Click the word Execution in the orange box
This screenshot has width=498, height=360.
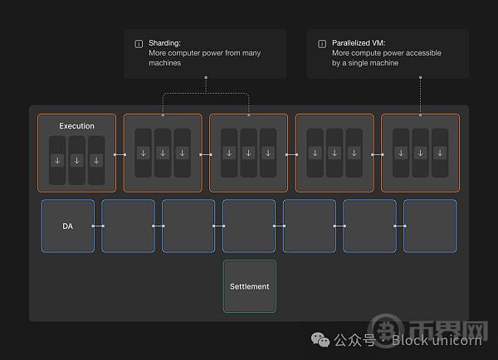pos(76,126)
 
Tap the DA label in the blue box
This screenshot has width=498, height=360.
pos(68,226)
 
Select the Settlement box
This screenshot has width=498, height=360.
pos(250,286)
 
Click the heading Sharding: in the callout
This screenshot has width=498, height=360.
pos(164,43)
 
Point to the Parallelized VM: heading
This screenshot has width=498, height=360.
pos(359,43)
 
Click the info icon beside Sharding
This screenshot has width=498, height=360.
pos(139,43)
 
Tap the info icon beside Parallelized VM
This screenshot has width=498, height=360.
pos(322,43)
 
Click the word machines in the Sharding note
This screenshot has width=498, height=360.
pos(165,63)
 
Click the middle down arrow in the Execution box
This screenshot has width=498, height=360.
pos(77,161)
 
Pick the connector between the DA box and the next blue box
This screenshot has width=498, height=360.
pos(98,226)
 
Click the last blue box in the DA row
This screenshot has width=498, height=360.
pos(430,226)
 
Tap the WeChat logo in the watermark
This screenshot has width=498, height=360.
pos(320,340)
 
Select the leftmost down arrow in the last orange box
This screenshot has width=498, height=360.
pos(401,153)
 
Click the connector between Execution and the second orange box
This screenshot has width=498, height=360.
pos(120,154)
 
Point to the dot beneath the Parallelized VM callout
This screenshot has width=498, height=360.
pos(421,77)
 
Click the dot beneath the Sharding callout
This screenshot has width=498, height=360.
pos(206,77)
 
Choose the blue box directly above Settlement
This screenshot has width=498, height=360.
pos(249,226)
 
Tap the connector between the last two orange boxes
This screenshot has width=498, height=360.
pos(378,154)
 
